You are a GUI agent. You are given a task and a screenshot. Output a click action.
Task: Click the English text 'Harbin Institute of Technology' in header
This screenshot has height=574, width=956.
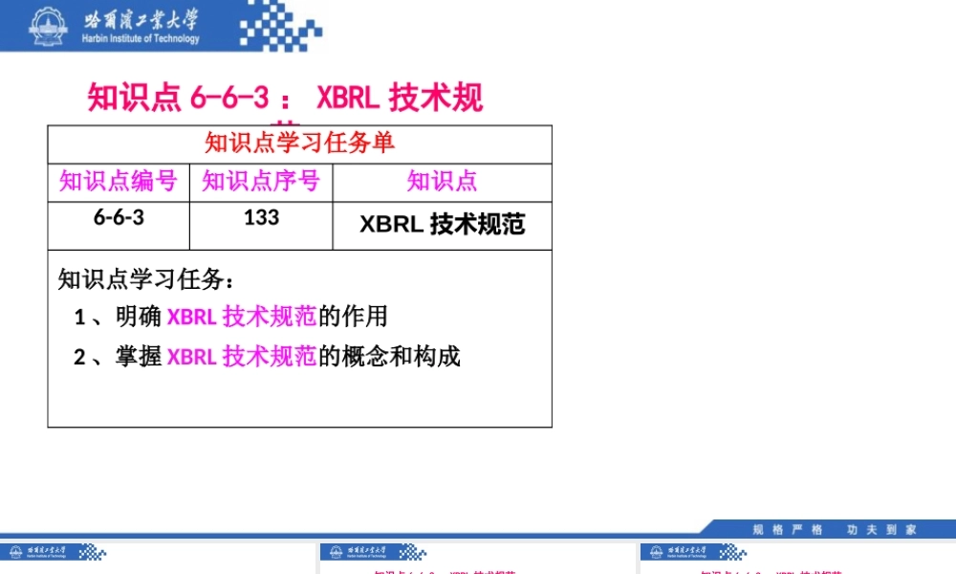point(141,39)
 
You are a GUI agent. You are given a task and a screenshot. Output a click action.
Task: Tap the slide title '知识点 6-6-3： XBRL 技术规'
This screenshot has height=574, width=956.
point(285,98)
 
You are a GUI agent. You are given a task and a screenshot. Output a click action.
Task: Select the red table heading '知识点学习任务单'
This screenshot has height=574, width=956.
point(299,143)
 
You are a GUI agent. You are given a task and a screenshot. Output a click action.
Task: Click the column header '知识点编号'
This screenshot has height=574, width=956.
point(118,181)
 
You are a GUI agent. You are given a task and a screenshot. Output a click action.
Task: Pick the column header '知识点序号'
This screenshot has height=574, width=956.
point(260,181)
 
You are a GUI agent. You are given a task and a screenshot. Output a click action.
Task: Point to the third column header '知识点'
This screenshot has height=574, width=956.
point(442,181)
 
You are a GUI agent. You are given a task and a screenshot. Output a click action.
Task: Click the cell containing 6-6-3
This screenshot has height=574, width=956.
point(119,217)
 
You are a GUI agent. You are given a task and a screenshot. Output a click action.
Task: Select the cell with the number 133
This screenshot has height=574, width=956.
point(261,217)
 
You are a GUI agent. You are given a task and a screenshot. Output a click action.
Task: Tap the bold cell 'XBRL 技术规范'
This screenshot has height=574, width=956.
point(442,224)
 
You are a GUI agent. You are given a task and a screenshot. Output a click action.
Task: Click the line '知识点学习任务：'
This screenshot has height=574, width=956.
point(145,279)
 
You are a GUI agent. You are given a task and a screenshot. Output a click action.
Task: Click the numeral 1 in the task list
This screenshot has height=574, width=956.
point(80,317)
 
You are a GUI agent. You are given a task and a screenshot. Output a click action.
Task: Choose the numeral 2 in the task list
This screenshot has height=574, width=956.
point(80,358)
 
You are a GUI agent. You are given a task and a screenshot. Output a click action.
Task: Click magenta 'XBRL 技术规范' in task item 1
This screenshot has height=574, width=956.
point(241,317)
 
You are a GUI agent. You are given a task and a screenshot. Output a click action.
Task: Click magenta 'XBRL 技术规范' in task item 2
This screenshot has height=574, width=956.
point(241,357)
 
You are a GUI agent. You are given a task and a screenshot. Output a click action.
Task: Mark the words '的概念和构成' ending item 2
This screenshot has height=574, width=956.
point(389,357)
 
